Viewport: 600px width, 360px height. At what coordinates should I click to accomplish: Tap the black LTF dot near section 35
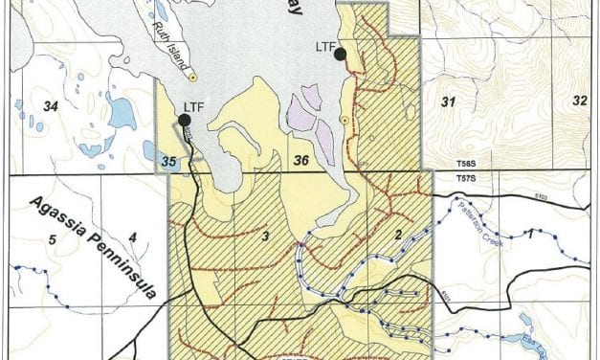pos(181,120)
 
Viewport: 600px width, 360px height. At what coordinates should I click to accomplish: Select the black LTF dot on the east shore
pos(340,56)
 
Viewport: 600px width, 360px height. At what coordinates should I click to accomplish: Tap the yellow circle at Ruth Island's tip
pos(192,77)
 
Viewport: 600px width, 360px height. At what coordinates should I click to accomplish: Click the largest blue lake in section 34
pos(122,116)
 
